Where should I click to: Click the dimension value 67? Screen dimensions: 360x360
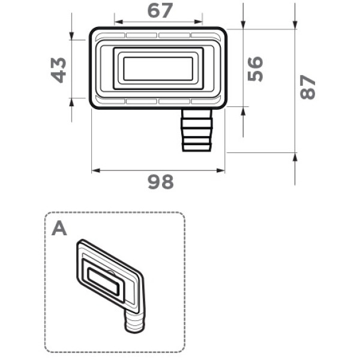point(160,11)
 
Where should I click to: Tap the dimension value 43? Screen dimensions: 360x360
point(58,70)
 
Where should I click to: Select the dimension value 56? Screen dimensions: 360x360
point(255,69)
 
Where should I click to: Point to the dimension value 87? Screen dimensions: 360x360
point(308,87)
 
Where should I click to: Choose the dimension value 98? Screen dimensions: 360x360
point(160,182)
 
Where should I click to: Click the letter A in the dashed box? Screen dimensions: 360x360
point(59,229)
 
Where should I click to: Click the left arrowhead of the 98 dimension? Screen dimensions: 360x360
point(96,170)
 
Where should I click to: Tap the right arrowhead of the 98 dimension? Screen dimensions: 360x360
point(221,170)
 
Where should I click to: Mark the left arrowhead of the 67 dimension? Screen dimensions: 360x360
point(118,22)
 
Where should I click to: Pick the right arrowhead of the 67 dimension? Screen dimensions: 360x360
point(198,22)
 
